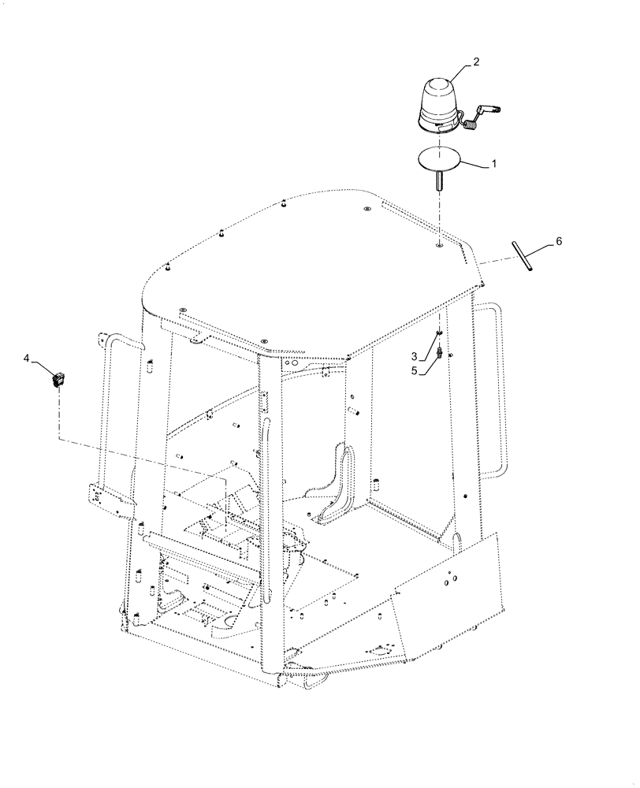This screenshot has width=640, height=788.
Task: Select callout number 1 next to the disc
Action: [x=494, y=165]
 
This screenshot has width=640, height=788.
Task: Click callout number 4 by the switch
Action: [x=28, y=359]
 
